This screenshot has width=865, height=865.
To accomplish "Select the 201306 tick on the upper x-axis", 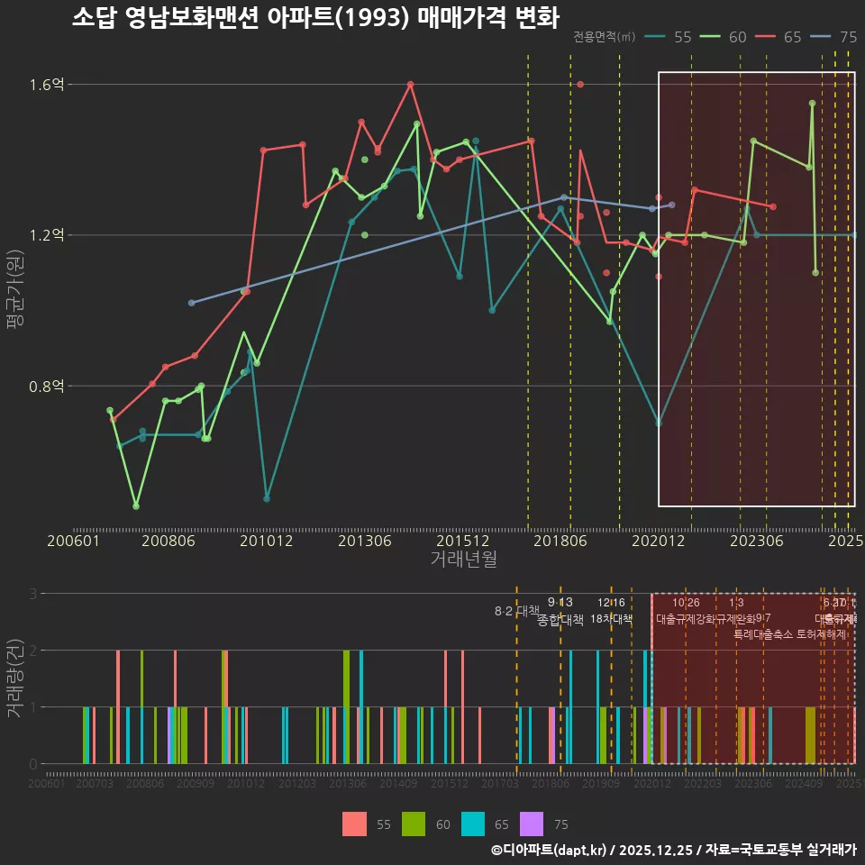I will [364, 542].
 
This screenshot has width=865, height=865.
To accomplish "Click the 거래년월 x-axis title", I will [463, 560].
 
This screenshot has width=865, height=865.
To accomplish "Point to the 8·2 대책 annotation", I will [515, 611].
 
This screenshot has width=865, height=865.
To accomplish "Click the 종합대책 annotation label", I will [560, 620].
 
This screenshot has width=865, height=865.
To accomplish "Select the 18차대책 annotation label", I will [611, 619].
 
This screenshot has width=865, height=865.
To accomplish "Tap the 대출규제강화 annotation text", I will [685, 619].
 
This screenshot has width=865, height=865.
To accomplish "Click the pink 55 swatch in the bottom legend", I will [355, 824].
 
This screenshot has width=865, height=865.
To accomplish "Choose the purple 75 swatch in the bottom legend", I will [533, 824].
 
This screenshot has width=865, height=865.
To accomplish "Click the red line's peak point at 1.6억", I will [410, 85].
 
